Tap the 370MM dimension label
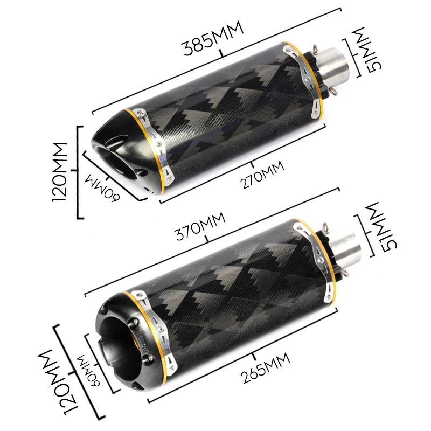(200, 226)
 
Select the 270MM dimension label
(262, 175)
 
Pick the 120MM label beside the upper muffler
(59, 172)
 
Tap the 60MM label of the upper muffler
(102, 187)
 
